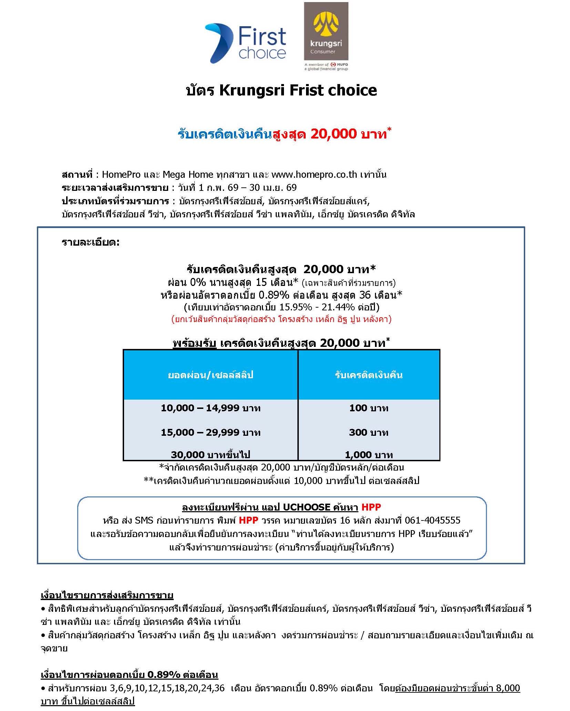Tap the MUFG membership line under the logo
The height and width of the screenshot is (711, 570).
[326, 66]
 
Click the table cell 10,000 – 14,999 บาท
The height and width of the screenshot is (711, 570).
[211, 408]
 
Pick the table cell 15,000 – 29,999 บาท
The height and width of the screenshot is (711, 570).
[211, 432]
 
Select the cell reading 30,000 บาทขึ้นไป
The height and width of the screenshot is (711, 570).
[211, 455]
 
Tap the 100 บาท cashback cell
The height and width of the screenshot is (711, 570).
[368, 408]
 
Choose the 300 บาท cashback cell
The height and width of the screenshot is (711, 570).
[368, 432]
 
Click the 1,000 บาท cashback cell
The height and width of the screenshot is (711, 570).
[368, 455]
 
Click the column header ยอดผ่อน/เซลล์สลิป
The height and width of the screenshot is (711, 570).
[211, 375]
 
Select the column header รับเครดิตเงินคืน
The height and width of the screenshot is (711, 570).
[368, 375]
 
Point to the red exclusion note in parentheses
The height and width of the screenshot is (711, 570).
[281, 319]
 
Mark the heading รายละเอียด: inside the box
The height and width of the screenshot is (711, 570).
[91, 243]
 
